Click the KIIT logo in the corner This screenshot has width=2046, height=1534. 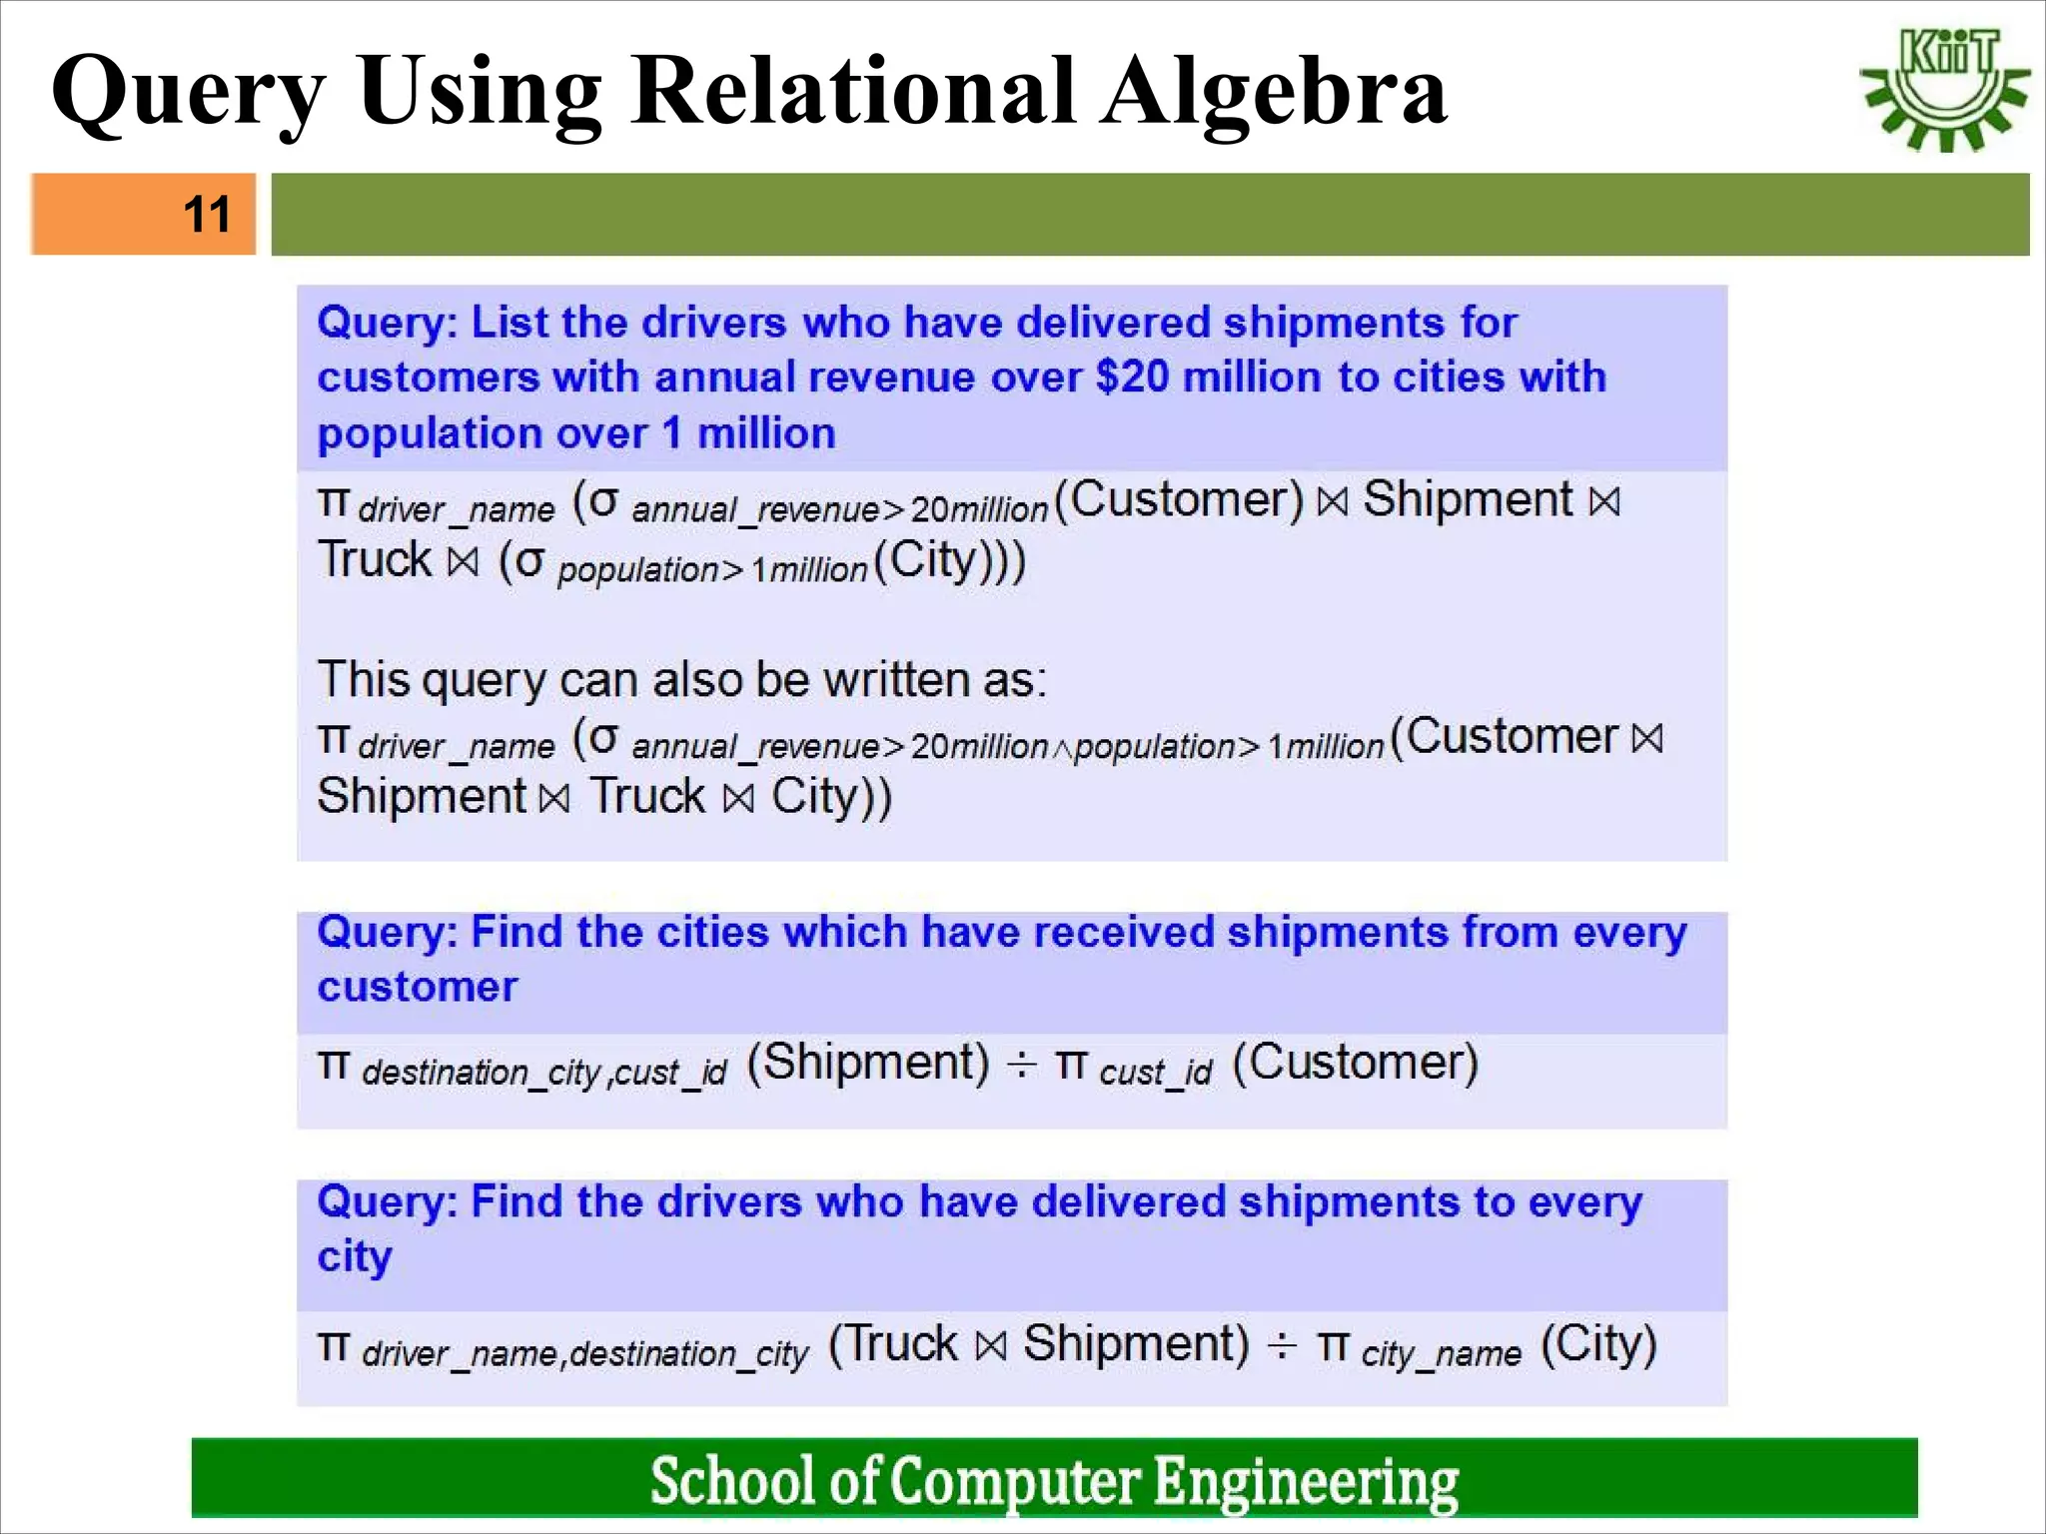1945,90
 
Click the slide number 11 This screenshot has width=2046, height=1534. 207,214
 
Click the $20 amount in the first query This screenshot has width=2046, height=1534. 1132,378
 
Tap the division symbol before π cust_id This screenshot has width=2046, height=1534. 1021,1066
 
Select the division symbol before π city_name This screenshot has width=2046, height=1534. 1282,1347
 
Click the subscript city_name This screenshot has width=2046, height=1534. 1441,1354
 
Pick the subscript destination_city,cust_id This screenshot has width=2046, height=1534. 544,1073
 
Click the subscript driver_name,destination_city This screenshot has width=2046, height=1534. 584,1354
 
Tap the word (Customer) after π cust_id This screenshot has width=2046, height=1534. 1355,1062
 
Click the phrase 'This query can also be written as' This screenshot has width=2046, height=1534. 681,680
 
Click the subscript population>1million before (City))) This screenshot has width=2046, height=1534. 712,570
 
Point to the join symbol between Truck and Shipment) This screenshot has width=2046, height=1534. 990,1345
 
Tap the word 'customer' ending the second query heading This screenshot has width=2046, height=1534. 418,987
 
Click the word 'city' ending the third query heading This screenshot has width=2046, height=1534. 355,1256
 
